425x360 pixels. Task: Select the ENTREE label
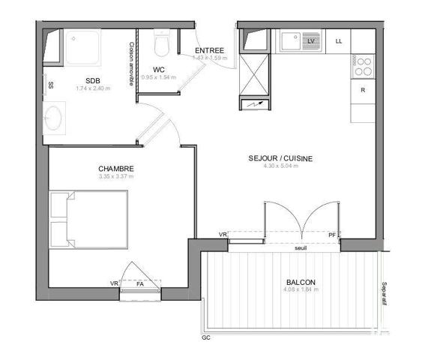[x=209, y=50]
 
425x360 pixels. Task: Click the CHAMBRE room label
[x=115, y=169]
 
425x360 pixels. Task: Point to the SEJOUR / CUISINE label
[x=280, y=158]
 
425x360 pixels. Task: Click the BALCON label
[x=301, y=283]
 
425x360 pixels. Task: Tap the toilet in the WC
[x=160, y=44]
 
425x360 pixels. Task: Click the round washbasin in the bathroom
[x=54, y=118]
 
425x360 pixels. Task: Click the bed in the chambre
[x=88, y=217]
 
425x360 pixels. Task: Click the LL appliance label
[x=340, y=41]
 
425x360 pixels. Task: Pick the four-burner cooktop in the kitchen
[x=363, y=67]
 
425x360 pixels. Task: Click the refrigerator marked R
[x=363, y=90]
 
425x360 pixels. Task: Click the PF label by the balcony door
[x=332, y=235]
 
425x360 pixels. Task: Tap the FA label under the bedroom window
[x=139, y=284]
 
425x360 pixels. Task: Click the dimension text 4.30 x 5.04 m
[x=280, y=166]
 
